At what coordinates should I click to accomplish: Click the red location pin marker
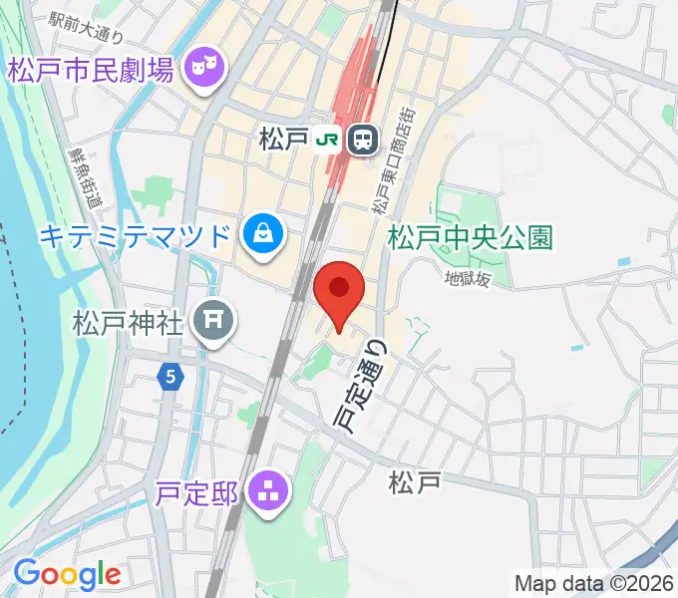click(x=339, y=290)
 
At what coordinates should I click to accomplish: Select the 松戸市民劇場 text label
click(x=92, y=71)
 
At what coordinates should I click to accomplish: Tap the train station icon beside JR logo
click(x=361, y=141)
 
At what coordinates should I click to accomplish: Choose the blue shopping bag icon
click(x=264, y=235)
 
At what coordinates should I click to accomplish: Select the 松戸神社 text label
click(x=128, y=323)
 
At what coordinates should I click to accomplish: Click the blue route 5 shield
click(x=171, y=377)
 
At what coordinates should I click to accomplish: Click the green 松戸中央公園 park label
click(x=470, y=238)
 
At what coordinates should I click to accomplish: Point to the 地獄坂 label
click(x=469, y=280)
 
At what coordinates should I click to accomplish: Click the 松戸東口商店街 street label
click(x=395, y=159)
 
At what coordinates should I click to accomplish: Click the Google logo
click(x=67, y=574)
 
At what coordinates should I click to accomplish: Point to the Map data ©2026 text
click(x=593, y=583)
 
